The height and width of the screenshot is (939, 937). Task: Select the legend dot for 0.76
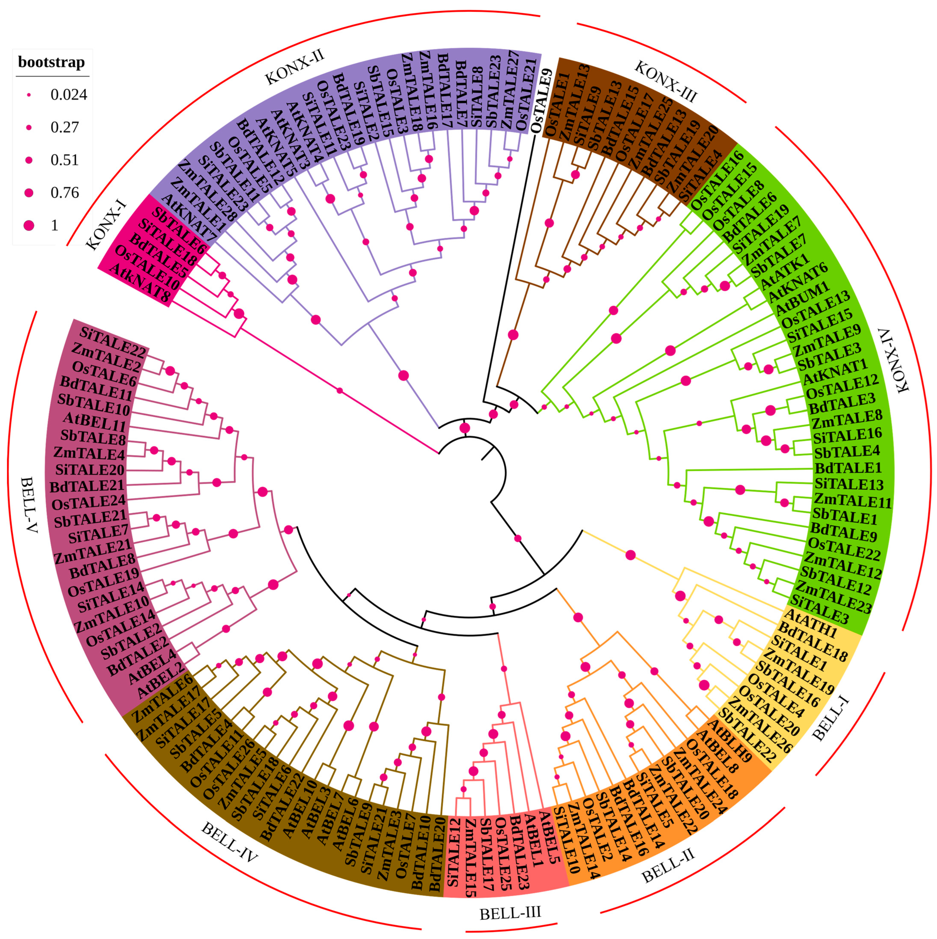click(x=29, y=192)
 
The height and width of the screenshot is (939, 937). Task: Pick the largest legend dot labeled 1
click(x=29, y=225)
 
